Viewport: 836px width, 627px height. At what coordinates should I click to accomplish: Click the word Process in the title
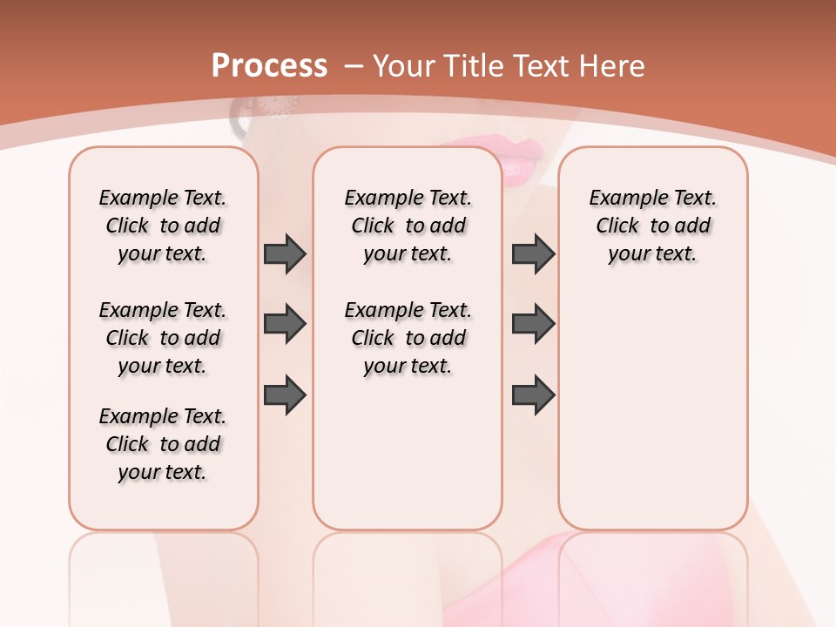coord(269,66)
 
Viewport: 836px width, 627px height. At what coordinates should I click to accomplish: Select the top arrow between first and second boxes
coord(285,253)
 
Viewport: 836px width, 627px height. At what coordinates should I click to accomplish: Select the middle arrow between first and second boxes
coord(285,324)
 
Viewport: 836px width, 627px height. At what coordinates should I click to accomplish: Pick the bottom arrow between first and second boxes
coord(285,394)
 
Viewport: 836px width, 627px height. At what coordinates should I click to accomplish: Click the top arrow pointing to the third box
coord(533,253)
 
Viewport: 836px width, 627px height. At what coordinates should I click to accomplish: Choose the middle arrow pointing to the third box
coord(533,324)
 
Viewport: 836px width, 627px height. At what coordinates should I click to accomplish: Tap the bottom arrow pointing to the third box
coord(533,394)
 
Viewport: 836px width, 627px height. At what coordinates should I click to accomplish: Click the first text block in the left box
coord(163,226)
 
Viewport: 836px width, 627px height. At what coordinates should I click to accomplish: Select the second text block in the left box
coord(163,338)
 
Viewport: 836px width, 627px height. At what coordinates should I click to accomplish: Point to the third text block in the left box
coord(163,444)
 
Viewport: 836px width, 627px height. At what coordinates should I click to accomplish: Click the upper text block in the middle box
coord(408,226)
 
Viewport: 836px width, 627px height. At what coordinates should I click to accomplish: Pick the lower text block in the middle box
coord(408,338)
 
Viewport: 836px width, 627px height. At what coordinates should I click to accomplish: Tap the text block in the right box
coord(652,226)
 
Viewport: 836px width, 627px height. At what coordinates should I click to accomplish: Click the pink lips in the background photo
coord(522,162)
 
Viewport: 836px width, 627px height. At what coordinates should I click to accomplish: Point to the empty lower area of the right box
coord(652,409)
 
